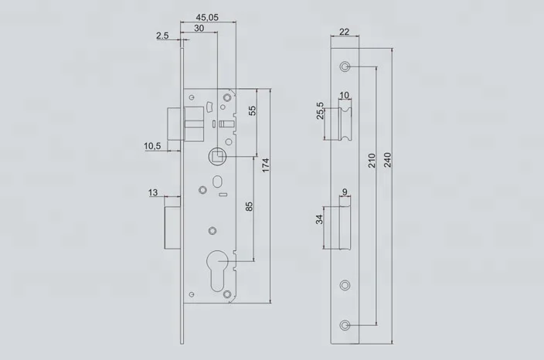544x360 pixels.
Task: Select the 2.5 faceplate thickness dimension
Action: click(162, 35)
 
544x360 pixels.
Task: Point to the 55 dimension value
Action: click(251, 111)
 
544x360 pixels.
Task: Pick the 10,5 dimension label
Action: click(152, 145)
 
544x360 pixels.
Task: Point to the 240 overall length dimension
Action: click(389, 159)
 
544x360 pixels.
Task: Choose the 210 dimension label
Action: click(372, 160)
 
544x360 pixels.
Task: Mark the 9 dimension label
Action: click(345, 193)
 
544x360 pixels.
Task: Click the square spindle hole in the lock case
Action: click(217, 157)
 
